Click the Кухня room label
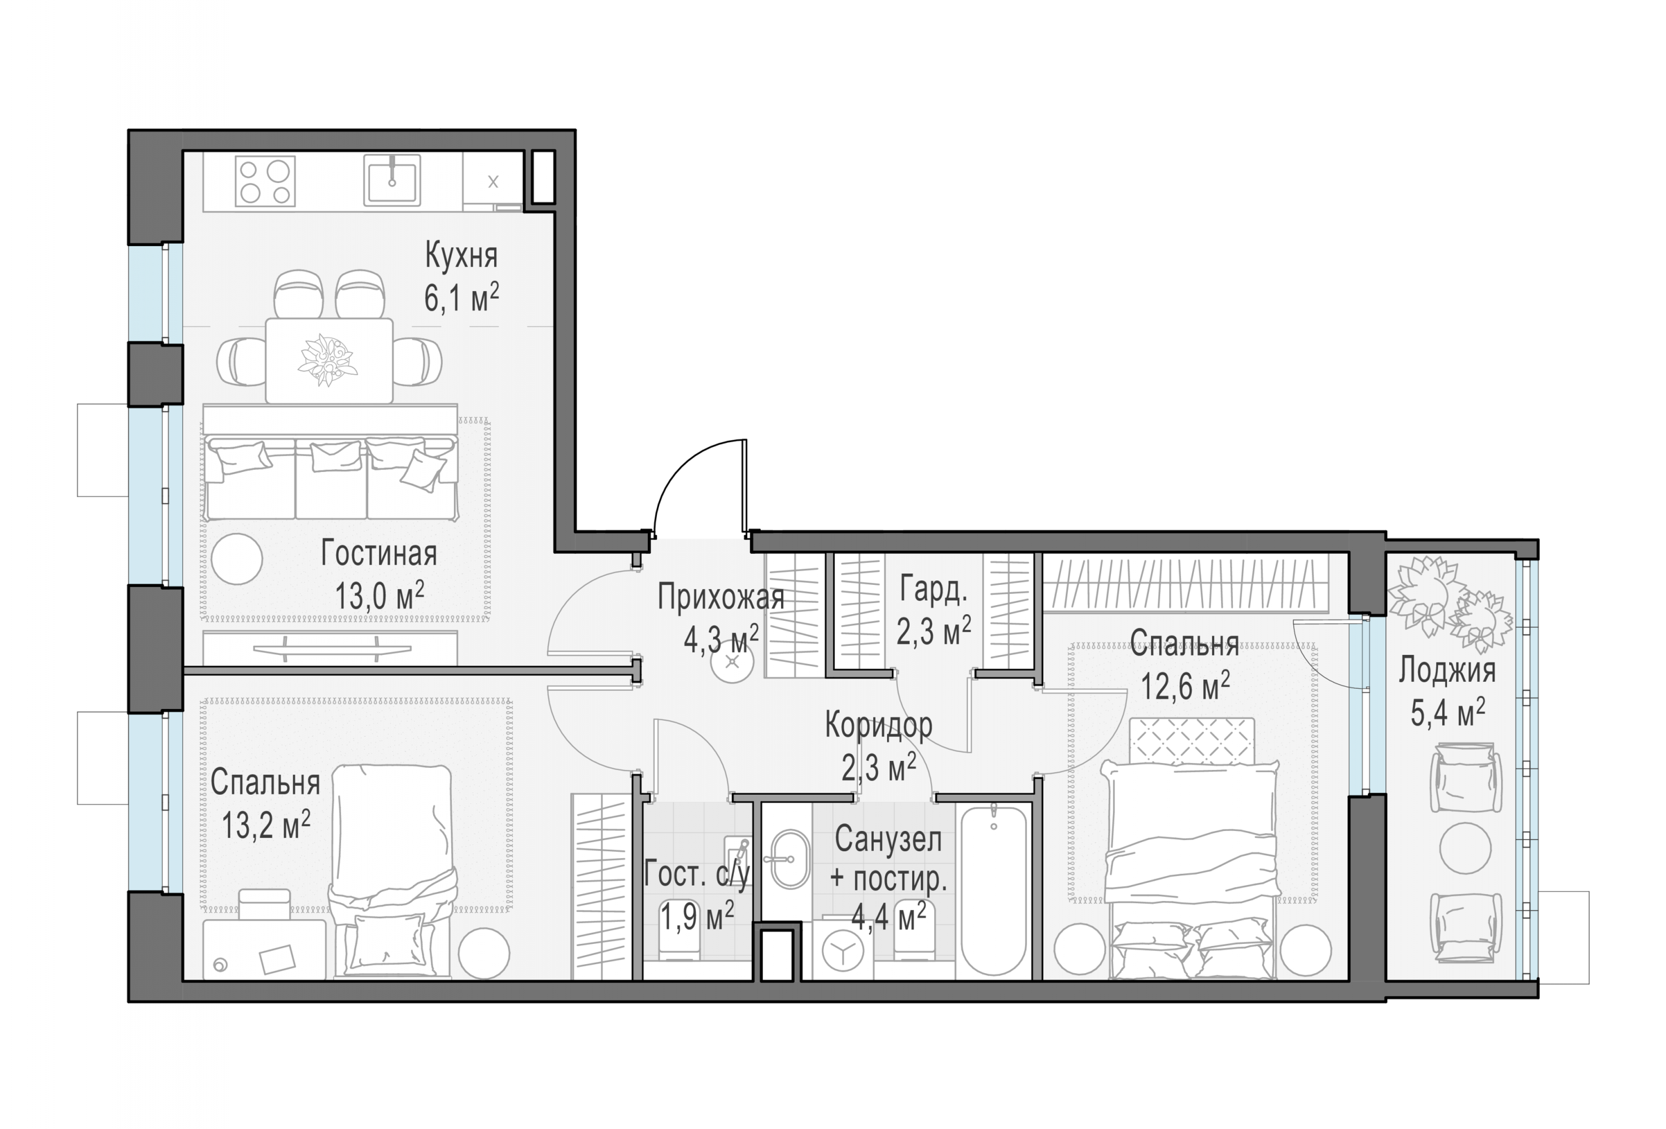[461, 256]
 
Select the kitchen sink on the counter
[391, 181]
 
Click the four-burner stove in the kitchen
[265, 182]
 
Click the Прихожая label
[721, 597]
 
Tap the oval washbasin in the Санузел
[790, 859]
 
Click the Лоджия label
[1447, 671]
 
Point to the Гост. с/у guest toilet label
[697, 874]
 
